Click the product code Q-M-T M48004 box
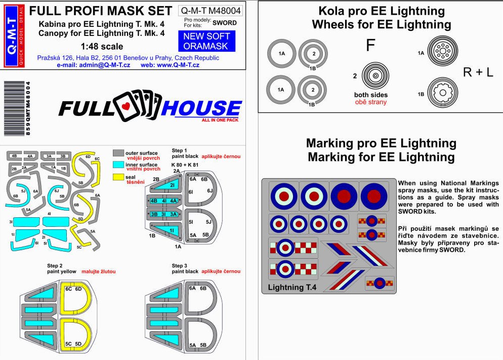(x=211, y=11)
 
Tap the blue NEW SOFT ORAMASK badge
(x=206, y=41)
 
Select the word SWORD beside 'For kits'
(x=225, y=23)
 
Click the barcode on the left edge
(x=15, y=108)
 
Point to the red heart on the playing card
(x=126, y=106)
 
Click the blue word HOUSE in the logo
(x=201, y=108)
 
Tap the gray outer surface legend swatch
(x=118, y=153)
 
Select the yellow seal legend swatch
(x=118, y=177)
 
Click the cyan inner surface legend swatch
(x=118, y=165)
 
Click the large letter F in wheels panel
(x=370, y=45)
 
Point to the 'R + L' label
(x=478, y=72)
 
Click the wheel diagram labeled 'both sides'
(x=375, y=76)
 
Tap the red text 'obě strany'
(x=371, y=102)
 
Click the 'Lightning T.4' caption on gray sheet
(x=292, y=287)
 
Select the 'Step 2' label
(x=55, y=266)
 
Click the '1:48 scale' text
(x=102, y=47)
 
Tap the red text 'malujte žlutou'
(x=99, y=271)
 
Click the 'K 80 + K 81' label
(x=185, y=165)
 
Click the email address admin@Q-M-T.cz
(x=93, y=65)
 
